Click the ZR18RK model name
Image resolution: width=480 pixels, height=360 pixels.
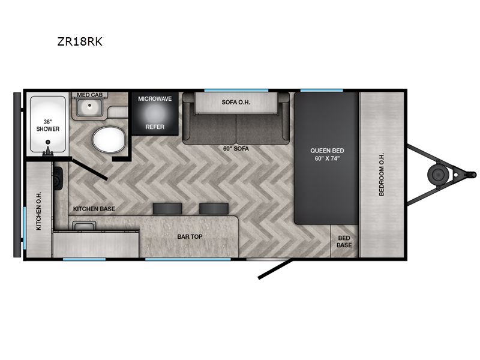click(x=80, y=41)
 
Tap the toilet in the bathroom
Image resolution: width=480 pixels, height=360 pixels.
click(x=109, y=140)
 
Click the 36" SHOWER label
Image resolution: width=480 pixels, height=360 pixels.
click(x=48, y=125)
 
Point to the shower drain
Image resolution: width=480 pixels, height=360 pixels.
click(x=48, y=142)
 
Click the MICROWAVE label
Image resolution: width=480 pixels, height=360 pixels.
click(x=155, y=99)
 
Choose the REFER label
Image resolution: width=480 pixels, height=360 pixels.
click(x=155, y=127)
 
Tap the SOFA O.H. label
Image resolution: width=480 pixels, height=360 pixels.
click(x=236, y=102)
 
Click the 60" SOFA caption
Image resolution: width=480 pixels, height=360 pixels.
click(x=236, y=149)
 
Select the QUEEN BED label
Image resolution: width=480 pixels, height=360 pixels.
click(x=327, y=151)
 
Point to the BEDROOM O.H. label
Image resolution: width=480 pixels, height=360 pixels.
click(x=382, y=174)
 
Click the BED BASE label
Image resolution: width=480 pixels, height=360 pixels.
click(x=344, y=242)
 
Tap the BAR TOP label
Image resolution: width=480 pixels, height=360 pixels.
click(x=190, y=236)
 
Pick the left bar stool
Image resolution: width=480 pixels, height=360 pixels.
click(x=167, y=208)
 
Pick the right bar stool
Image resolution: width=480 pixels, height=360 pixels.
click(x=214, y=208)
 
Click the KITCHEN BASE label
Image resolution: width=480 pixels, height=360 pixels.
click(x=94, y=209)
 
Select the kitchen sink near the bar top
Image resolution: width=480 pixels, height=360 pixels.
click(x=84, y=226)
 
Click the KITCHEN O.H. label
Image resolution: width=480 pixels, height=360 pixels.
click(x=38, y=211)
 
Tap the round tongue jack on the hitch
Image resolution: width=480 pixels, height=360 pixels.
click(x=439, y=175)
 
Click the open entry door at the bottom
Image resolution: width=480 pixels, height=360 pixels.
click(x=275, y=269)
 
